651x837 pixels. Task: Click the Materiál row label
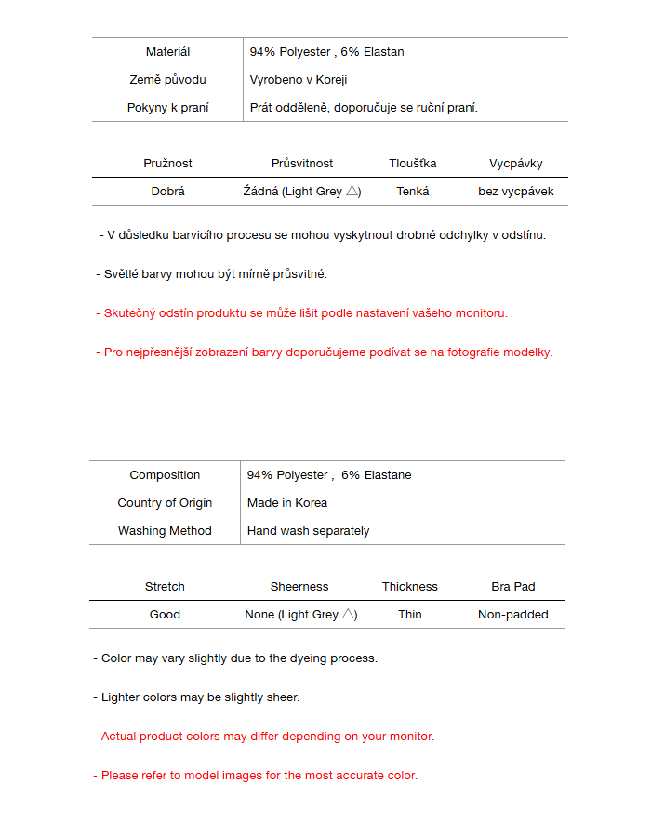(x=167, y=52)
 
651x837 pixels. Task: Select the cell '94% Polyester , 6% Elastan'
(x=326, y=52)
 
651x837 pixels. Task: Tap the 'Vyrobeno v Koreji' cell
(x=299, y=80)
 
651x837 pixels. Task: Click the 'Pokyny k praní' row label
(x=167, y=108)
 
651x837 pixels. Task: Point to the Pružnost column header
(x=167, y=164)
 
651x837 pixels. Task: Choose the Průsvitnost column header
(x=302, y=164)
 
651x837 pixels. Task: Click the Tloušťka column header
(x=412, y=164)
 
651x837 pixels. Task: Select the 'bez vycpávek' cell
(x=516, y=192)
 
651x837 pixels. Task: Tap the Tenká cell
(x=412, y=192)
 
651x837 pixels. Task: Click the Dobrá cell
(x=167, y=192)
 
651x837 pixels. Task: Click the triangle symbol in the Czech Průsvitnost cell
(x=352, y=191)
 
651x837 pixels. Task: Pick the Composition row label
(x=165, y=475)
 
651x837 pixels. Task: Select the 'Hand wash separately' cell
(x=308, y=531)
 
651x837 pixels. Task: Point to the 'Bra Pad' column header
(x=513, y=587)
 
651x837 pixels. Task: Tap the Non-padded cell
(x=513, y=615)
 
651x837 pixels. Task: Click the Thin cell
(x=410, y=615)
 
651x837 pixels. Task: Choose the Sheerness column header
(x=299, y=587)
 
